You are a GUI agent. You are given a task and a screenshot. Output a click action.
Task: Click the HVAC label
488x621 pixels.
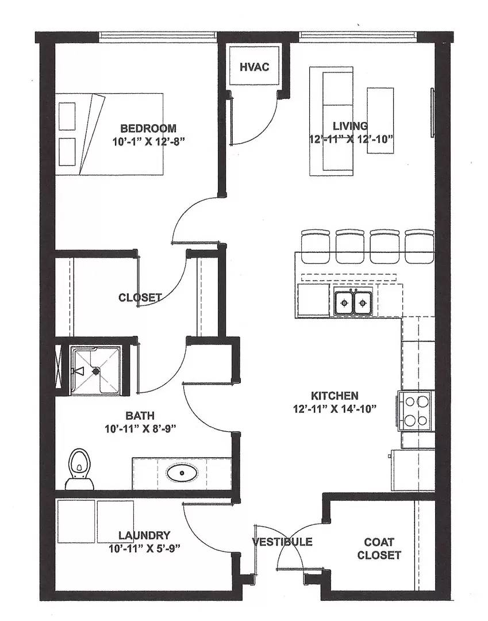[254, 67]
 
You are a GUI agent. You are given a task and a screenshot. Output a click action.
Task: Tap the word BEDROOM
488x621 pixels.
[148, 128]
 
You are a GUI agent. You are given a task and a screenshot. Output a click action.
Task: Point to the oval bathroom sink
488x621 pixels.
[182, 474]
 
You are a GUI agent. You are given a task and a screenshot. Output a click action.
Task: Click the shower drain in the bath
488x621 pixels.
[96, 371]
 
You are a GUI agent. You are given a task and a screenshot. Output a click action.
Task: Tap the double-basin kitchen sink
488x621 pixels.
[353, 302]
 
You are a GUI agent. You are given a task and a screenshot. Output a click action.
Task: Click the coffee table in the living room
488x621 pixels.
[381, 120]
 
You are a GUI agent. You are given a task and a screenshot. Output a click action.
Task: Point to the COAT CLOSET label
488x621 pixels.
[379, 549]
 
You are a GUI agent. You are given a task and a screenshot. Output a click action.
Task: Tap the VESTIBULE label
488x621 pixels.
[282, 542]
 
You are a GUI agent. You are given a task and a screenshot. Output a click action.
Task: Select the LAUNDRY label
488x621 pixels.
[145, 535]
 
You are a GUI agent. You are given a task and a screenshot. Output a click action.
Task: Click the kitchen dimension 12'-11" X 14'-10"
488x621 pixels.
[335, 409]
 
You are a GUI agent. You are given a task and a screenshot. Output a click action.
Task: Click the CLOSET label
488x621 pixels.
[140, 297]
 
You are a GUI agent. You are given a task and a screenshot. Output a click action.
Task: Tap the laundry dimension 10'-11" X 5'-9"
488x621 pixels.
[144, 549]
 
